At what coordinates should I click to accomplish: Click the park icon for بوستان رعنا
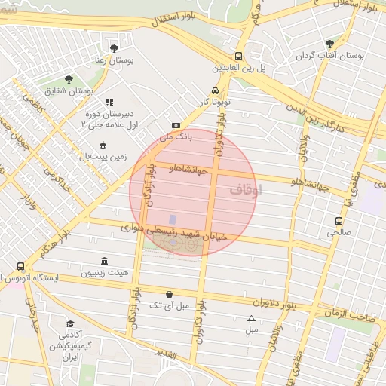pyautogui.click(x=114, y=48)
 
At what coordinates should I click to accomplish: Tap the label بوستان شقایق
pyautogui.click(x=90, y=90)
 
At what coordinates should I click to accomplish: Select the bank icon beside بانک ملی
pyautogui.click(x=176, y=126)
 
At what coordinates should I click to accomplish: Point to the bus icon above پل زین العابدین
pyautogui.click(x=239, y=56)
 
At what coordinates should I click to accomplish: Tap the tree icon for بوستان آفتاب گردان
pyautogui.click(x=329, y=44)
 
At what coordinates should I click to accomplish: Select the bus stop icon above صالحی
pyautogui.click(x=339, y=222)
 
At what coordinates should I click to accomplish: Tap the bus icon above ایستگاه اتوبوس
pyautogui.click(x=20, y=266)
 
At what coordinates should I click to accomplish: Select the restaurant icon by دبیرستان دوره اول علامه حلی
pyautogui.click(x=109, y=102)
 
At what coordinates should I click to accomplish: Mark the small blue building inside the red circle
pyautogui.click(x=173, y=219)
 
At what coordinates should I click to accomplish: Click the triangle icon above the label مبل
pyautogui.click(x=252, y=318)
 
